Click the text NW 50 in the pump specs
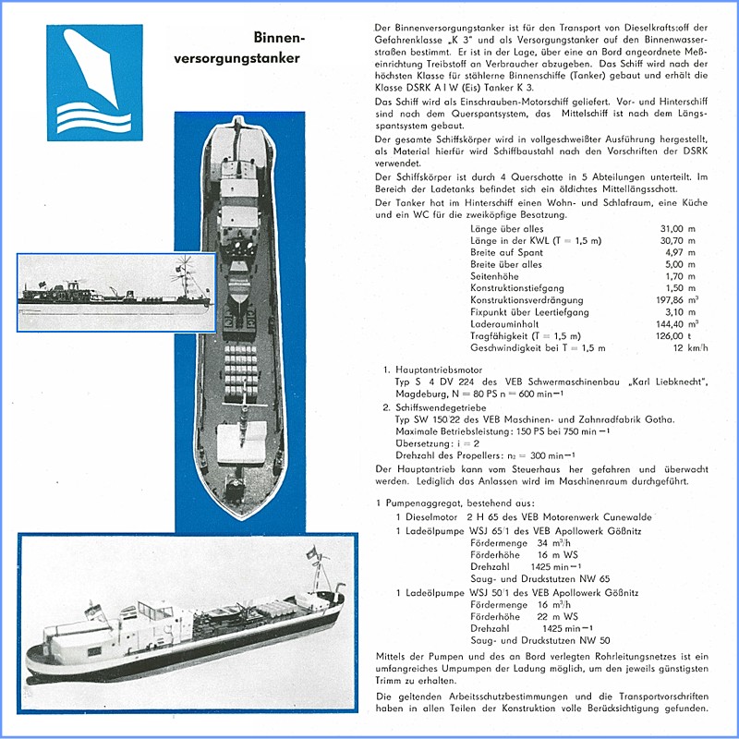pos(593,640)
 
